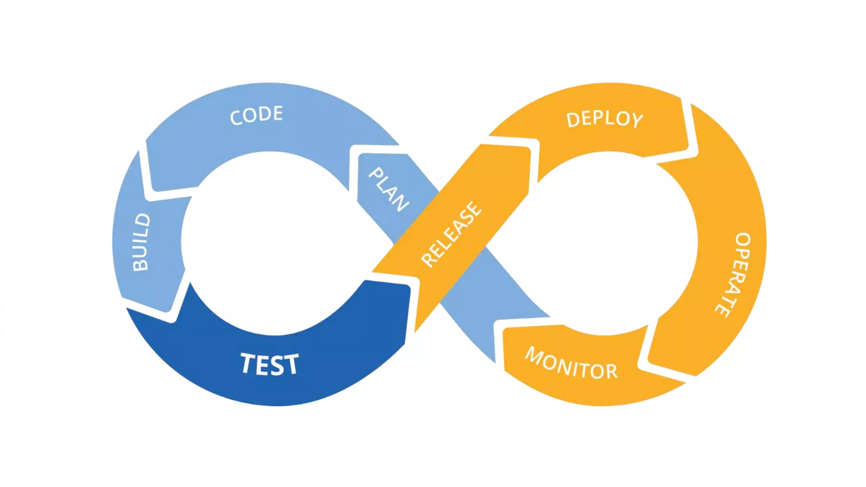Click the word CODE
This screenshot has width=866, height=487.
point(256,115)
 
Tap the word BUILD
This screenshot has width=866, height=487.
point(141,242)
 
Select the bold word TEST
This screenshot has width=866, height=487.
point(270,364)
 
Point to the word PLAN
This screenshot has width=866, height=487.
point(389,189)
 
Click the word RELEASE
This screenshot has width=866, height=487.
point(451,234)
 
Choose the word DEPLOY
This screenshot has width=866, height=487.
point(605,119)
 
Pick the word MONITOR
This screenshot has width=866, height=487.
point(571,364)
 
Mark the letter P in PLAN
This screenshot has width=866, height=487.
point(375,174)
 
